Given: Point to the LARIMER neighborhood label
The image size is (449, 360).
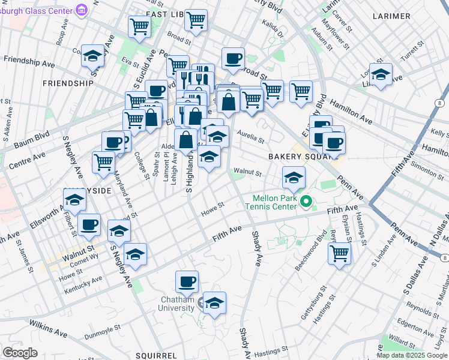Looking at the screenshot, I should point(391,16).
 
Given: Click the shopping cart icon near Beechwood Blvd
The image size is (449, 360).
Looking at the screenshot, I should point(339,253).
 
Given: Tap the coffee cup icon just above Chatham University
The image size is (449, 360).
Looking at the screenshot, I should point(187,281).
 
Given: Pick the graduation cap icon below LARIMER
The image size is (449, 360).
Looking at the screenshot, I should point(381,74).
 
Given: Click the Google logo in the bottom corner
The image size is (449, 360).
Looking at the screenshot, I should point(20,352).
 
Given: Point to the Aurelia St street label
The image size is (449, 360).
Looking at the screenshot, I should point(251,136).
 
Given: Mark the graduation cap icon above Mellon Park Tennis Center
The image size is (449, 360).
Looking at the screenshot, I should point(294,177).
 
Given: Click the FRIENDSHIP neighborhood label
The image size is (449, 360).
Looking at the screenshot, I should point(68,83).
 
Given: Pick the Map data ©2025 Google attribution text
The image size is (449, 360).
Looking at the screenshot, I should point(412,355).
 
